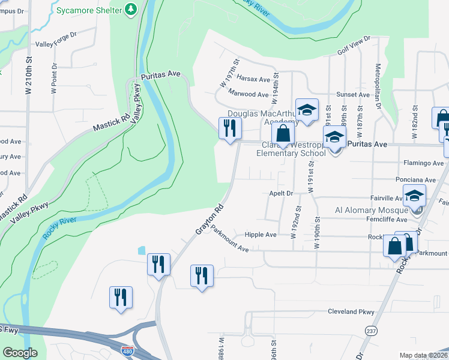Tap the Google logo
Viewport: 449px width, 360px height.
20,353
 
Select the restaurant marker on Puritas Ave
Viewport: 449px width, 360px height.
230,128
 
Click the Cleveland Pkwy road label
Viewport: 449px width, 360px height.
351,312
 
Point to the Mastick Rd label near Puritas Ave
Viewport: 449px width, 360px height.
112,124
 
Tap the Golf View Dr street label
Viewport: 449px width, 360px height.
354,46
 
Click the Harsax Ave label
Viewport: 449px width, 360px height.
253,79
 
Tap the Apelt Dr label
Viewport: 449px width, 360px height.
281,194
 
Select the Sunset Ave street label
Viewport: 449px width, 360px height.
353,95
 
